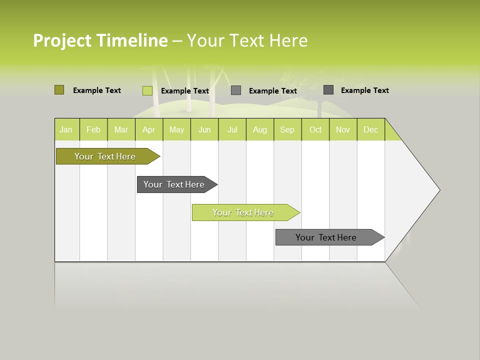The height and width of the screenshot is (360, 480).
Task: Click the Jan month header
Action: (x=66, y=129)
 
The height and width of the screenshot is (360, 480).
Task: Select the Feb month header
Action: (x=93, y=129)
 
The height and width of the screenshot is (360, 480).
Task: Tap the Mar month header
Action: (x=121, y=129)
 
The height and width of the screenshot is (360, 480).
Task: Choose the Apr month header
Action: (x=149, y=129)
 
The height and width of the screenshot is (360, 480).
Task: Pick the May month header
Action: (x=176, y=129)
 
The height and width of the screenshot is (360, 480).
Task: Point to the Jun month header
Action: (x=204, y=129)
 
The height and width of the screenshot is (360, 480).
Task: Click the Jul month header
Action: (x=232, y=129)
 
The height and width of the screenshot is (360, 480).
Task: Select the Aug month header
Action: (x=260, y=129)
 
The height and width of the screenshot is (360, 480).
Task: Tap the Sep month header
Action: (x=287, y=129)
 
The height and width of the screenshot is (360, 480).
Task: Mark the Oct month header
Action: (x=315, y=129)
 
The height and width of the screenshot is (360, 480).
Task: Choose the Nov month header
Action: (x=343, y=129)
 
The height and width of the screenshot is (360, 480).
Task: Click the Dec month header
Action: (x=371, y=129)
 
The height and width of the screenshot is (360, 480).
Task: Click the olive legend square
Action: (x=59, y=90)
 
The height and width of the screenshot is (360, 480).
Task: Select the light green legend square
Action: (x=147, y=90)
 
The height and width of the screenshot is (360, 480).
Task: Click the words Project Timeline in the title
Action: (x=100, y=40)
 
